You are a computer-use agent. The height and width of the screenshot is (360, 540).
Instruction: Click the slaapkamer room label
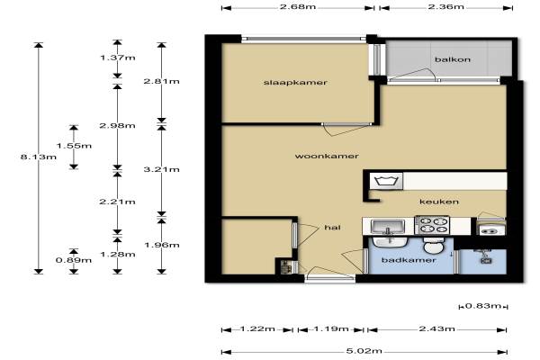click(x=295, y=83)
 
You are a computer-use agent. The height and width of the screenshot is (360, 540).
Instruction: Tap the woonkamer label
click(x=327, y=156)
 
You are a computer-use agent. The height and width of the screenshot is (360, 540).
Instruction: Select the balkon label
click(x=453, y=59)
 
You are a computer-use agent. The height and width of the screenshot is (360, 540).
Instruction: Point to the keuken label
click(x=439, y=202)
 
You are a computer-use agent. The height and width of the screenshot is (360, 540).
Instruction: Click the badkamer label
click(x=409, y=260)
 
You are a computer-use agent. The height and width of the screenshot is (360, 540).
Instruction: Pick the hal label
click(x=332, y=228)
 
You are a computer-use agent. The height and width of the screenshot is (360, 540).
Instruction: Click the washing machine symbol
click(x=386, y=181)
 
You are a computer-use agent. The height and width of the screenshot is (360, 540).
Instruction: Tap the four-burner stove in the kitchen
click(x=432, y=225)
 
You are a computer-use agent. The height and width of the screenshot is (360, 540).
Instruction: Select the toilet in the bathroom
click(x=434, y=246)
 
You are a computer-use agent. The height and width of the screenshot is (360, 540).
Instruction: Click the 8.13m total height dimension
click(x=38, y=157)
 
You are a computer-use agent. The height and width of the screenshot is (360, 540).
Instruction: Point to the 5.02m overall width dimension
click(x=364, y=351)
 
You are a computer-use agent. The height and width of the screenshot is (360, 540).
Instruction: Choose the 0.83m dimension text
click(x=482, y=306)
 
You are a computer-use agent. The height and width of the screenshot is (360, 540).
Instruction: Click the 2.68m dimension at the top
click(x=298, y=7)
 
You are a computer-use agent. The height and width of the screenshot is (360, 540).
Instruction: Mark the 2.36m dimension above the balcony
click(x=446, y=7)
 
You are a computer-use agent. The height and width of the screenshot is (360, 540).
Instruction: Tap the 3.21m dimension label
click(x=161, y=169)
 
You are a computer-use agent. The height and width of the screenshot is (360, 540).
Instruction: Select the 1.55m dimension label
click(x=74, y=146)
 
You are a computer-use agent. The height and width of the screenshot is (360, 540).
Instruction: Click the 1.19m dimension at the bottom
click(x=331, y=329)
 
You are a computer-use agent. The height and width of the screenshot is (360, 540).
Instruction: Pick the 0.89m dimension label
click(x=74, y=260)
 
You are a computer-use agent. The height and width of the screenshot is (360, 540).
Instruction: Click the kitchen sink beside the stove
click(x=388, y=226)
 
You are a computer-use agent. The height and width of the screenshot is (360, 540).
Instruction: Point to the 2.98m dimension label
click(x=117, y=126)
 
